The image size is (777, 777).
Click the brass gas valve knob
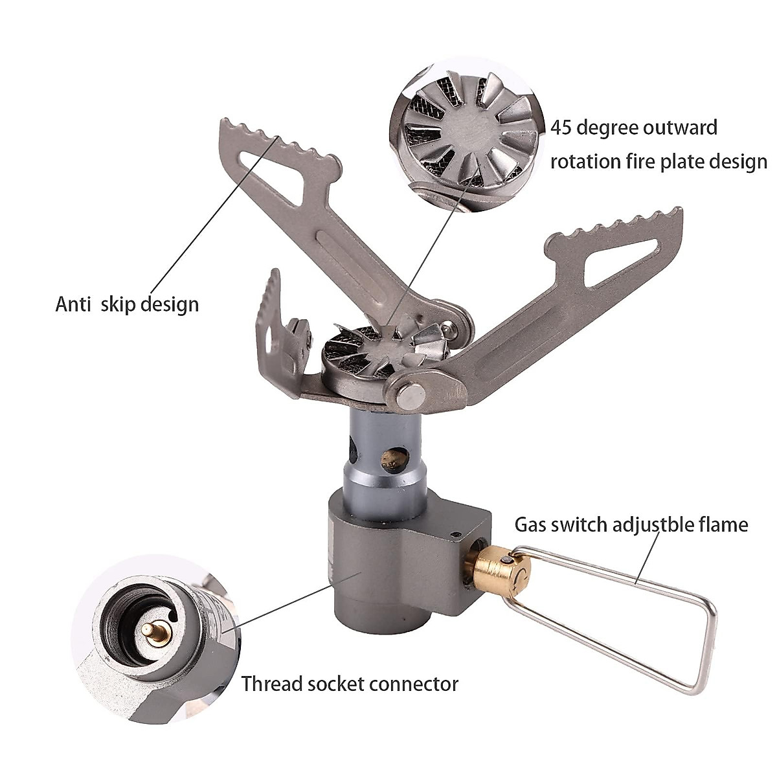pos(495,568)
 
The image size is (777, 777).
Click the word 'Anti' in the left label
pos(73,304)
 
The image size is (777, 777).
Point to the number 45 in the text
pos(560,128)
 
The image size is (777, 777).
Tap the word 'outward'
pos(680,128)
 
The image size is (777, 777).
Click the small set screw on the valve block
pos(458,534)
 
